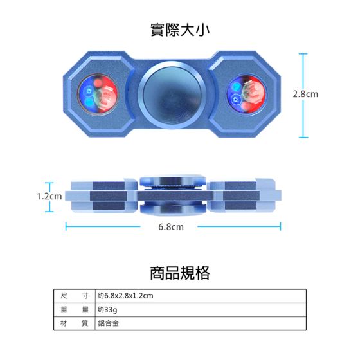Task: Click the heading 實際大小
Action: [180, 30]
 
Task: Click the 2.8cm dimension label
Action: [305, 94]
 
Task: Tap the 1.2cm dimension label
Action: [50, 196]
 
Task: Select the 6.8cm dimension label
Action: [171, 227]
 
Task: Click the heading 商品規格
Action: [180, 273]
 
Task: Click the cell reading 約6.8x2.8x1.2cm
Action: [125, 296]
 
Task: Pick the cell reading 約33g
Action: [107, 310]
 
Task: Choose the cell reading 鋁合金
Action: [108, 323]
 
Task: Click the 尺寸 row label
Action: [75, 296]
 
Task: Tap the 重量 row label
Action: [75, 310]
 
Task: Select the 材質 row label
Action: [75, 323]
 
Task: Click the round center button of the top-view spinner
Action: [172, 94]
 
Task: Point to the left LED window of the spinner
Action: [98, 94]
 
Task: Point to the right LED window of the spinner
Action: [247, 94]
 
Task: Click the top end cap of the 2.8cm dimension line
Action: [303, 54]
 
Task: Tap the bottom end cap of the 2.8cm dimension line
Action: [303, 138]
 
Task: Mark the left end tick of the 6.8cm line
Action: [66, 226]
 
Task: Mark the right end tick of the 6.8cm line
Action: [280, 226]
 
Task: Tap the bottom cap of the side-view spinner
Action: [172, 210]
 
